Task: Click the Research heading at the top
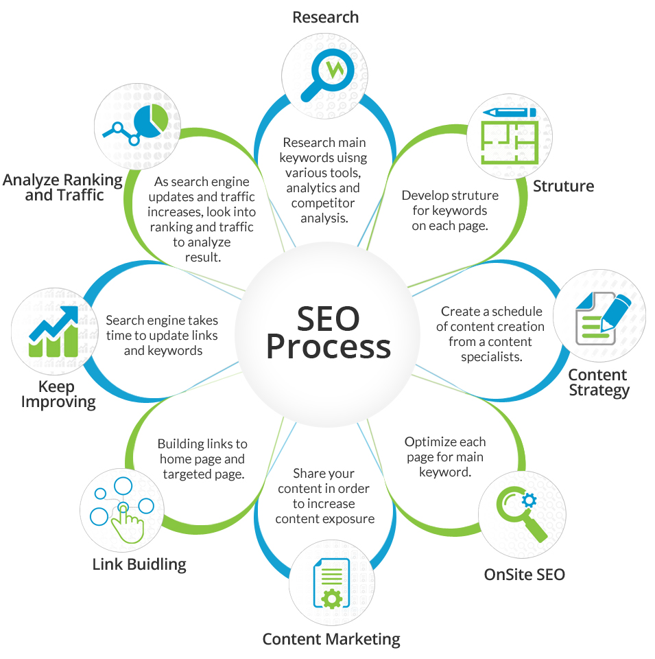click(x=325, y=17)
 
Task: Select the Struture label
click(x=564, y=186)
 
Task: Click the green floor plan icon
click(x=510, y=136)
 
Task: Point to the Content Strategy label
click(x=599, y=382)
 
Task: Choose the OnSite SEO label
click(x=525, y=575)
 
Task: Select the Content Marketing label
click(x=331, y=639)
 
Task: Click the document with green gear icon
click(x=331, y=583)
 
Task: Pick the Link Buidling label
click(x=139, y=564)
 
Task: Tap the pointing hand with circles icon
click(x=122, y=510)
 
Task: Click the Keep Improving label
click(x=58, y=394)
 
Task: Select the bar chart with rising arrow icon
click(x=53, y=332)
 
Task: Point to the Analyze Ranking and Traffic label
click(x=63, y=187)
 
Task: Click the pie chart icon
click(x=136, y=125)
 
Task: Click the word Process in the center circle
click(x=329, y=347)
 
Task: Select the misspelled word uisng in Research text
click(x=346, y=158)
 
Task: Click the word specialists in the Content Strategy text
click(x=492, y=357)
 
